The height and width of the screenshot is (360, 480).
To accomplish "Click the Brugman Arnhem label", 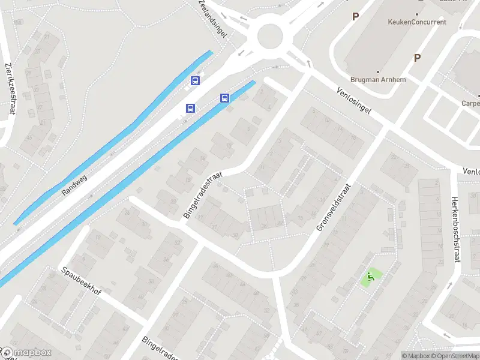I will click(x=378, y=80).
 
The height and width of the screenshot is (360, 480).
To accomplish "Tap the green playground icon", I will click(x=370, y=277).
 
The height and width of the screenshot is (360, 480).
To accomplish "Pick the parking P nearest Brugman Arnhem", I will click(x=416, y=58).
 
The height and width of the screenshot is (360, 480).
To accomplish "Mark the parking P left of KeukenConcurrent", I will click(x=355, y=17).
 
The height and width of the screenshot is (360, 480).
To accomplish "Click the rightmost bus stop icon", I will click(x=225, y=98).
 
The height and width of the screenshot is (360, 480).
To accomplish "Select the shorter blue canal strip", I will click(x=114, y=138).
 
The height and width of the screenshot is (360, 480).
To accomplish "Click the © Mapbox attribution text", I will click(x=416, y=356).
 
